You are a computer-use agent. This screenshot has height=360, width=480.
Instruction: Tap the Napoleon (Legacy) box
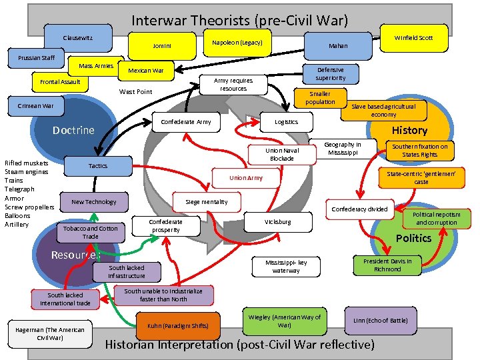(x=237, y=43)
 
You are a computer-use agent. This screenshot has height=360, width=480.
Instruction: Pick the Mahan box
(x=337, y=46)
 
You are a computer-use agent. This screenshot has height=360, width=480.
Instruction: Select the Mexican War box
(x=145, y=71)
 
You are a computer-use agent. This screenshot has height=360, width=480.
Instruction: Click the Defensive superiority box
(x=331, y=73)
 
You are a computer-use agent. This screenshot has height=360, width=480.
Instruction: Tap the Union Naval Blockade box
(x=281, y=154)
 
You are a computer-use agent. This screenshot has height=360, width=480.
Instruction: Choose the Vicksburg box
(x=277, y=221)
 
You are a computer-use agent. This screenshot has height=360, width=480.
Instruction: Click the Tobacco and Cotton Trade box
(x=91, y=232)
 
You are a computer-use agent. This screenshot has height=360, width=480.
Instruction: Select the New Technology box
(x=94, y=201)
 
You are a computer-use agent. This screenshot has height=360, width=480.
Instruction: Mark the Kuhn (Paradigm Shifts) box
(x=177, y=325)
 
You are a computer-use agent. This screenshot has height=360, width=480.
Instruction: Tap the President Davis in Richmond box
(x=387, y=265)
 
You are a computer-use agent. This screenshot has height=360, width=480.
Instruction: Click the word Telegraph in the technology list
(x=18, y=189)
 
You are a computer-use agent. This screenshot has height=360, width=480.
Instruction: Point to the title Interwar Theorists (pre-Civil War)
(x=239, y=20)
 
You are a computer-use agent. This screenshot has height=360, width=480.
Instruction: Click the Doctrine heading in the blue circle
(x=73, y=130)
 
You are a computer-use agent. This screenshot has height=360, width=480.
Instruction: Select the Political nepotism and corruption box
(x=437, y=219)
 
